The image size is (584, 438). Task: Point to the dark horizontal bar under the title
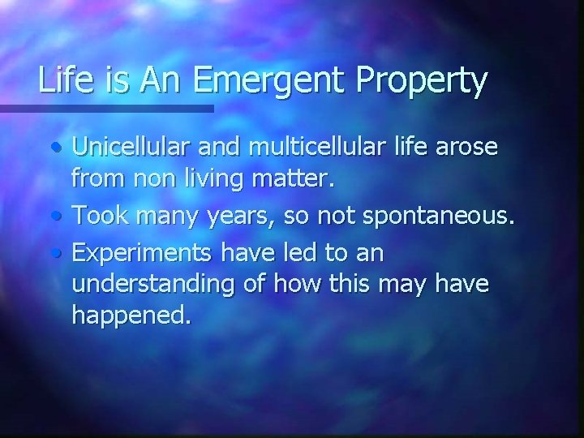coord(105,107)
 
